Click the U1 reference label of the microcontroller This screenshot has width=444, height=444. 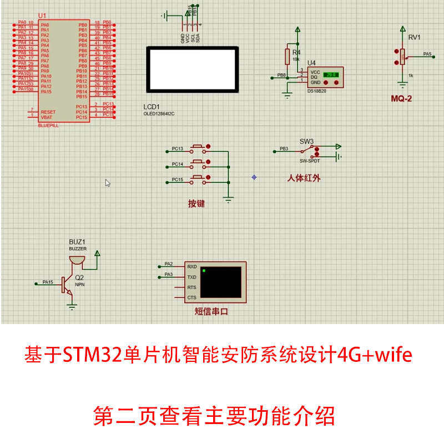[42, 16]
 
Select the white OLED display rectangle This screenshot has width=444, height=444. [192, 70]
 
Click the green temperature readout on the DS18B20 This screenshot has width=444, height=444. [331, 74]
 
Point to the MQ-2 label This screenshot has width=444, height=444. [401, 99]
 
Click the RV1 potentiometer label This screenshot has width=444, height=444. [414, 38]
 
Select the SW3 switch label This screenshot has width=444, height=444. [307, 141]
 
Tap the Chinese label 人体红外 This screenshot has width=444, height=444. [304, 178]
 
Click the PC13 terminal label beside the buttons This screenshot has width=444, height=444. [177, 149]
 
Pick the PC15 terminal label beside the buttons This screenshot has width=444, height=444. [177, 179]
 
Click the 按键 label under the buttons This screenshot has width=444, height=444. [196, 204]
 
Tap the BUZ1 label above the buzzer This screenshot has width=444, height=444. [78, 242]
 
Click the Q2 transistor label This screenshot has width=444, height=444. [79, 277]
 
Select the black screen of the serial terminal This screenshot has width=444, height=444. [221, 282]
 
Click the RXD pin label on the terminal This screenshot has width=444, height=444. [192, 266]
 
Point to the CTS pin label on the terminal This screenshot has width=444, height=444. [192, 297]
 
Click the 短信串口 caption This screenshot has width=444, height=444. [211, 311]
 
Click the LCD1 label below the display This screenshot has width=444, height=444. [152, 107]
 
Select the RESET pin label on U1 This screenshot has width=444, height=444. [48, 112]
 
